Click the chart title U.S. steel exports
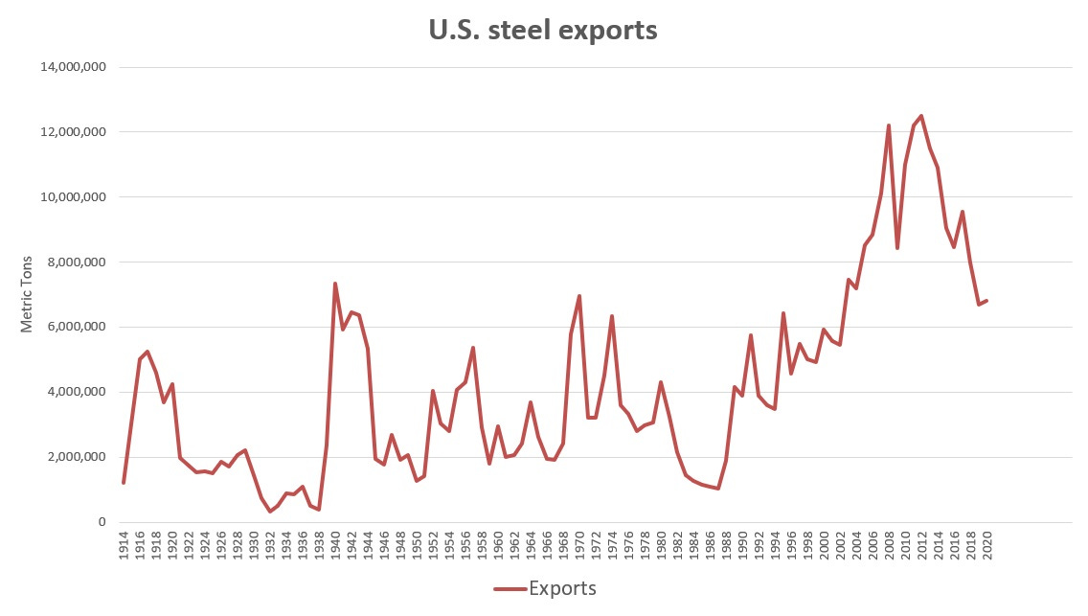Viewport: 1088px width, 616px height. coord(543,30)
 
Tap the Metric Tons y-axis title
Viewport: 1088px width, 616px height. coord(27,294)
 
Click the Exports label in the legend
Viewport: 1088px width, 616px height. coord(562,588)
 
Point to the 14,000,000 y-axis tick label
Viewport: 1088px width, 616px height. coord(72,67)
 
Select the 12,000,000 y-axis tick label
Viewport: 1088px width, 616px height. coord(72,132)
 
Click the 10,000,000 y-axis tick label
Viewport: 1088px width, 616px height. coord(72,197)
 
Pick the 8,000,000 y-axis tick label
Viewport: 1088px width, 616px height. coord(76,262)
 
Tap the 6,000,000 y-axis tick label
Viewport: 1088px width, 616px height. coord(76,327)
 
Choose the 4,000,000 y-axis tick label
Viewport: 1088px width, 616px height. coord(76,392)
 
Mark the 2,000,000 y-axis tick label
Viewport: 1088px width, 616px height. coord(76,457)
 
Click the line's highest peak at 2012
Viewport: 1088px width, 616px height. coord(921,116)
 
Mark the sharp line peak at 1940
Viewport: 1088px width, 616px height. coord(335,284)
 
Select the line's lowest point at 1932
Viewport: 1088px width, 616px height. coord(270,512)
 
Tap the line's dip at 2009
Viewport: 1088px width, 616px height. coord(896,248)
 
